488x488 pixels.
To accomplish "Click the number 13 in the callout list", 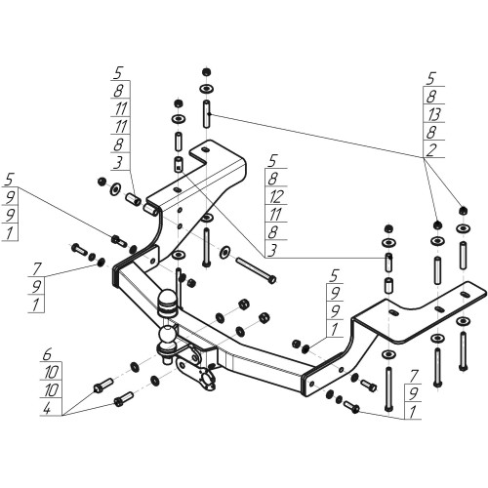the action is pyautogui.click(x=434, y=114).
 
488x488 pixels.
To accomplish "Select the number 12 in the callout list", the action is pyautogui.click(x=276, y=196).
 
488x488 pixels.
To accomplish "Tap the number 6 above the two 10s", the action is pyautogui.click(x=47, y=354).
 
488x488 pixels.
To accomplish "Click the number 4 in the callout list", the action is pyautogui.click(x=47, y=409).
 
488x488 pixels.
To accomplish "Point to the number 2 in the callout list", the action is pyautogui.click(x=431, y=150).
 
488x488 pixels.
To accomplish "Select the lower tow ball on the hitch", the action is pyautogui.click(x=168, y=335).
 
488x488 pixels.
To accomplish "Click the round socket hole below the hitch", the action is pyautogui.click(x=207, y=380).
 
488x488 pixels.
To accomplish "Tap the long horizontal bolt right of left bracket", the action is pyautogui.click(x=256, y=269).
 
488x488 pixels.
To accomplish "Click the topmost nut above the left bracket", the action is pyautogui.click(x=205, y=72).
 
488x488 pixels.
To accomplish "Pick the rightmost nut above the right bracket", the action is pyautogui.click(x=463, y=211).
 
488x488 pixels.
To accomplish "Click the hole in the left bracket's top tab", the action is pyautogui.click(x=205, y=149).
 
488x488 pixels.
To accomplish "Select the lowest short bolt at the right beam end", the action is pyautogui.click(x=351, y=406).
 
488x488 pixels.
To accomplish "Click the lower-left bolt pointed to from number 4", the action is pyautogui.click(x=124, y=399).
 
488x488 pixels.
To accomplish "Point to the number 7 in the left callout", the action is pyautogui.click(x=37, y=268).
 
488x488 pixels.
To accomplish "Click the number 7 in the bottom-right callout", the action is pyautogui.click(x=413, y=377).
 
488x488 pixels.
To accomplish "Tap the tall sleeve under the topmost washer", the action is pyautogui.click(x=206, y=114).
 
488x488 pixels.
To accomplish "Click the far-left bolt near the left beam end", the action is pyautogui.click(x=79, y=250).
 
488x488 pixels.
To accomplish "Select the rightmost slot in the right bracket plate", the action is pyautogui.click(x=466, y=295).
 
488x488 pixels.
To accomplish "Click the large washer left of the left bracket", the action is pyautogui.click(x=115, y=189).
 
